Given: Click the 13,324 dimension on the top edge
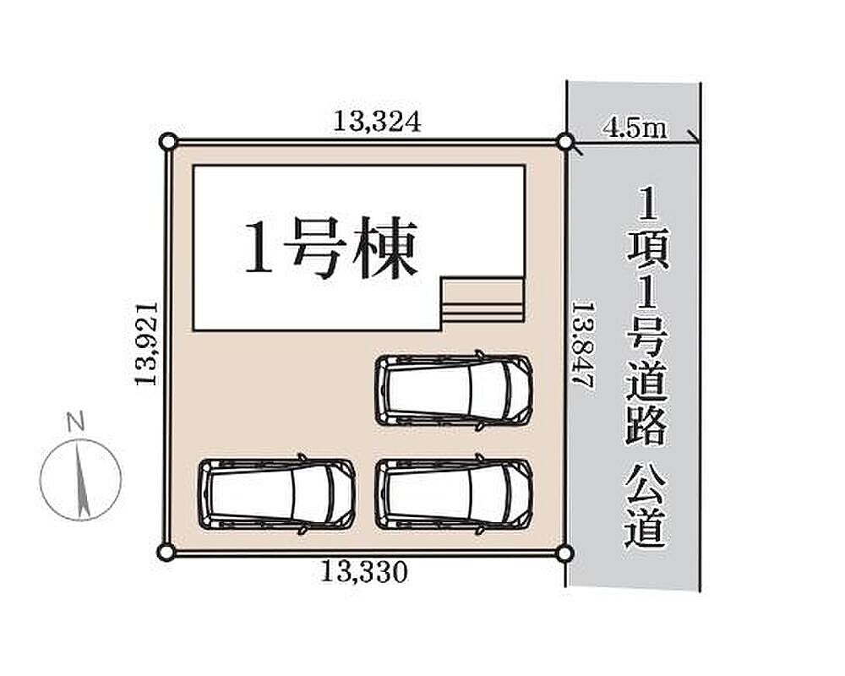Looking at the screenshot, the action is (377, 122).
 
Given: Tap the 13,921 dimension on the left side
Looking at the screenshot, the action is (146, 343).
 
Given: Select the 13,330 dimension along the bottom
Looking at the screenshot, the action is (364, 572).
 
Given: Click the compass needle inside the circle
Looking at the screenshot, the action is (82, 478).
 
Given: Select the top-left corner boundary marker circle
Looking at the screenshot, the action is (167, 142).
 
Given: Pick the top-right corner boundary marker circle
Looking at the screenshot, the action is (564, 142).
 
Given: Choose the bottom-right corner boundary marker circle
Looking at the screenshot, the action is (564, 553).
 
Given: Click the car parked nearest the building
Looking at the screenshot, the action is (454, 390).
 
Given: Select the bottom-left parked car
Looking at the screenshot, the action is (277, 493).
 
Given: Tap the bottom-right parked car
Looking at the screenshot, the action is (454, 493).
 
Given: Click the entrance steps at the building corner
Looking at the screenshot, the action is (482, 302).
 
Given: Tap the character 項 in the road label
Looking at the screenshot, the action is (648, 251).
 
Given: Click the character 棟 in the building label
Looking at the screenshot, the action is (387, 248).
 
